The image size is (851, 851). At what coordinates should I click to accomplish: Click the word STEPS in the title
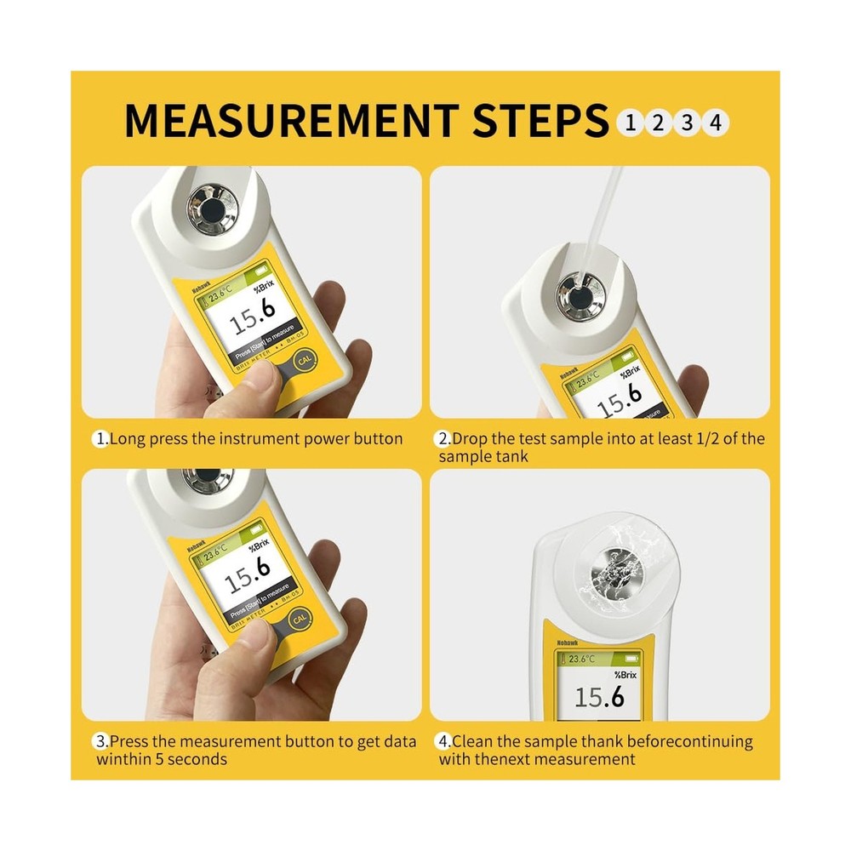click(538, 121)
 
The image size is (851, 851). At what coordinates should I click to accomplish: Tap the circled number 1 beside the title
click(631, 123)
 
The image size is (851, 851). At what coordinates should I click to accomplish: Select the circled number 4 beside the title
click(716, 123)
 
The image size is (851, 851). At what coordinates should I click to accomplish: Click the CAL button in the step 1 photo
click(302, 363)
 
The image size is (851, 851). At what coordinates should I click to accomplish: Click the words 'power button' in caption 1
click(357, 439)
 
